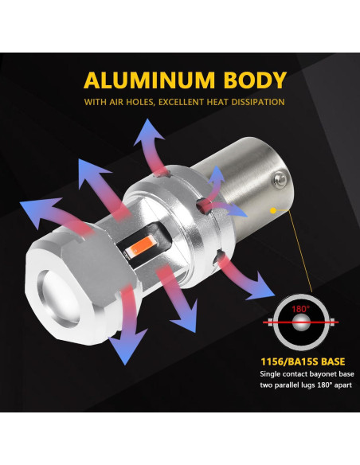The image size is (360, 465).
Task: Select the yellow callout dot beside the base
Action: (276, 211)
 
